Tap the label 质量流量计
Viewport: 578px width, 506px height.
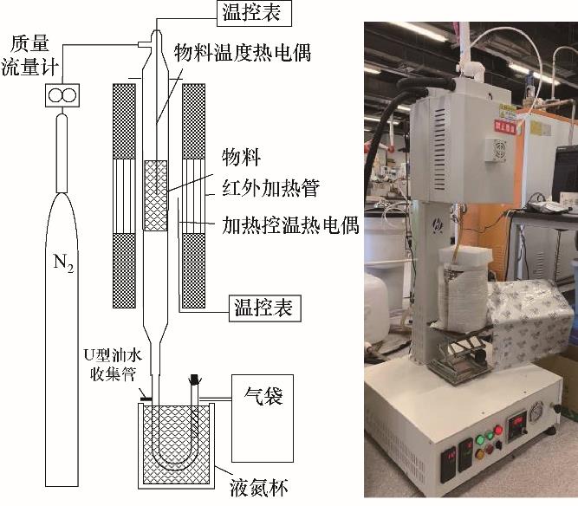(x=32, y=54)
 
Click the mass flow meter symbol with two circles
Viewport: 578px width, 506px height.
(x=61, y=95)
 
